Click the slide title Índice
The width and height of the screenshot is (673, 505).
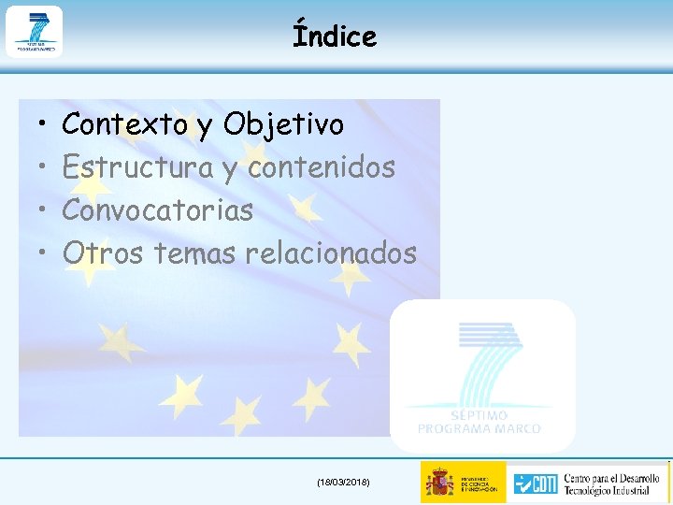coord(335,36)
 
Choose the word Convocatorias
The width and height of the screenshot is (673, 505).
coord(157,210)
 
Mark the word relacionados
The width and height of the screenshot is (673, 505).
coord(331,252)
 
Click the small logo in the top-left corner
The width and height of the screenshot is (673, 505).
coord(34,32)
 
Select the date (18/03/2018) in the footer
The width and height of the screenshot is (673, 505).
coord(343,482)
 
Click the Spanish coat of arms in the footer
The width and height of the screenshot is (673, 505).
coord(439,483)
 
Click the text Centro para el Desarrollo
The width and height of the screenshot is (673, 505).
coord(613,474)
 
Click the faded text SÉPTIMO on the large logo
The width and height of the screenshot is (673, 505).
coord(479,415)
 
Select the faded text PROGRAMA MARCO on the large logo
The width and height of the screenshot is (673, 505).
coord(479,429)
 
